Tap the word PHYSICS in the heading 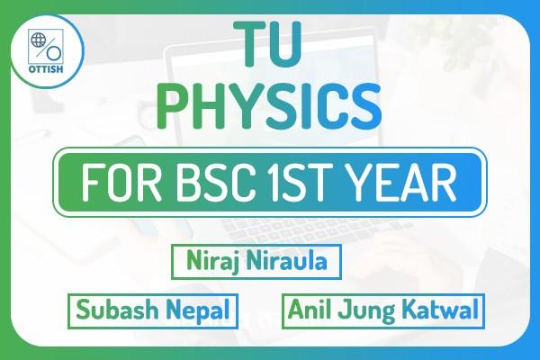(268, 106)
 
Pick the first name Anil (311, 312)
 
